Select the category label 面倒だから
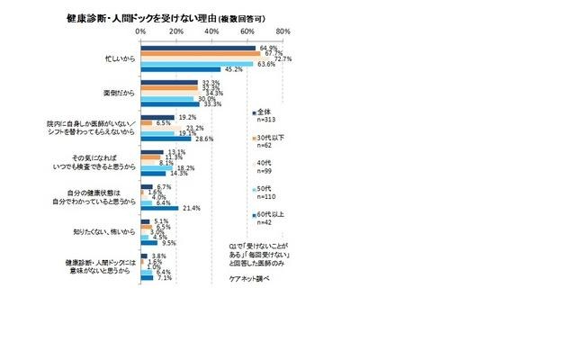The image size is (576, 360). pyautogui.click(x=117, y=93)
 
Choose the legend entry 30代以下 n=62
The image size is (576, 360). pyautogui.click(x=269, y=141)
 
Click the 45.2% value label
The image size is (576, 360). pyautogui.click(x=233, y=69)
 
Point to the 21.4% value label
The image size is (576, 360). pyautogui.click(x=191, y=208)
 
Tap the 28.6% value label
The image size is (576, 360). pyautogui.click(x=204, y=139)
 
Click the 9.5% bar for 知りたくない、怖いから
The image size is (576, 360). pyautogui.click(x=149, y=243)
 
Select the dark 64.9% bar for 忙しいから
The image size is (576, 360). pyautogui.click(x=198, y=48)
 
